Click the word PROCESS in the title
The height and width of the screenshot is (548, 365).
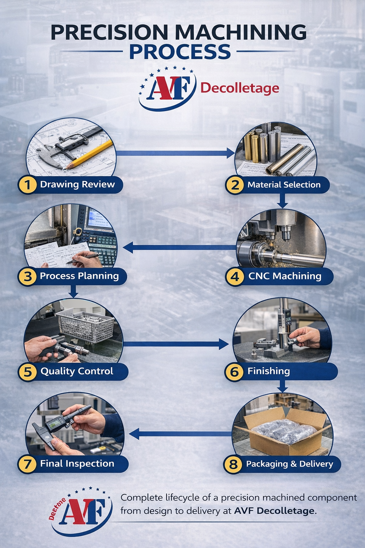pos(180,52)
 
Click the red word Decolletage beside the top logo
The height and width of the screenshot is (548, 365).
pos(240,88)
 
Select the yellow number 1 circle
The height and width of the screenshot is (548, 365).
pos(28,185)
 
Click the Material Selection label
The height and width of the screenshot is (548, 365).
pos(284,185)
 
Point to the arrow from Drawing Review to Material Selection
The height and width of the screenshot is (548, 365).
pos(175,153)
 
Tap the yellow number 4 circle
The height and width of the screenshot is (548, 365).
pos(235,276)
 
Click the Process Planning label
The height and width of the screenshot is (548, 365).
pos(79,276)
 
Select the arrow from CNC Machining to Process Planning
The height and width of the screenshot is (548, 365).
pos(180,247)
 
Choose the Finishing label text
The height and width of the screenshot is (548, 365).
pos(268,371)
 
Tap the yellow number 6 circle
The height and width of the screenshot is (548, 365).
pos(234,372)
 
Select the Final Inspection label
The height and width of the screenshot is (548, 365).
pos(77,464)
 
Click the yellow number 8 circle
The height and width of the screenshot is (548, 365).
pos(233,464)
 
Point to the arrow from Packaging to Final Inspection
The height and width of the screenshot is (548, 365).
pos(180,434)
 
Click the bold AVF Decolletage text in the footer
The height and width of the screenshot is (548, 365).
pos(274,511)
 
